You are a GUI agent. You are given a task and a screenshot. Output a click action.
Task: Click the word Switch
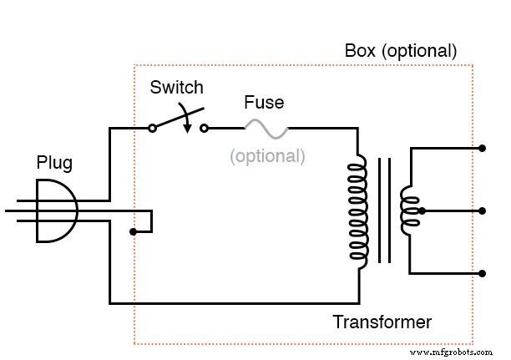click(176, 87)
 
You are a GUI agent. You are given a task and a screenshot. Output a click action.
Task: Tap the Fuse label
click(263, 103)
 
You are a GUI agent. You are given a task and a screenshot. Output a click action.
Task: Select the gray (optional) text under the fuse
click(267, 155)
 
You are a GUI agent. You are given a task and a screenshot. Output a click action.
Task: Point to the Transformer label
click(382, 322)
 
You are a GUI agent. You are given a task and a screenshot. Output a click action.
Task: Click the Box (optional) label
click(401, 51)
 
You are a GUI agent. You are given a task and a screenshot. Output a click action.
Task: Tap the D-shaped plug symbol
click(57, 210)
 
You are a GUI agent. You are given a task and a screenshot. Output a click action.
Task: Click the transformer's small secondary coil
click(409, 210)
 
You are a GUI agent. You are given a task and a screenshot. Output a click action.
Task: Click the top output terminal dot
click(483, 149)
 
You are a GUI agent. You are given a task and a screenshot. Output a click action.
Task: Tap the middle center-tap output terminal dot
click(483, 210)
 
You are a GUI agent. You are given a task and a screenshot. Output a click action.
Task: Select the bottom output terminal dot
click(483, 273)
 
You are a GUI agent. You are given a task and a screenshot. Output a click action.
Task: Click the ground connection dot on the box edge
click(134, 231)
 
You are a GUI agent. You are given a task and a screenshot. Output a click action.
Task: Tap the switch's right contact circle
click(205, 128)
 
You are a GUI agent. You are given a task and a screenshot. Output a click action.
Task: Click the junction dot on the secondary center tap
click(422, 210)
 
